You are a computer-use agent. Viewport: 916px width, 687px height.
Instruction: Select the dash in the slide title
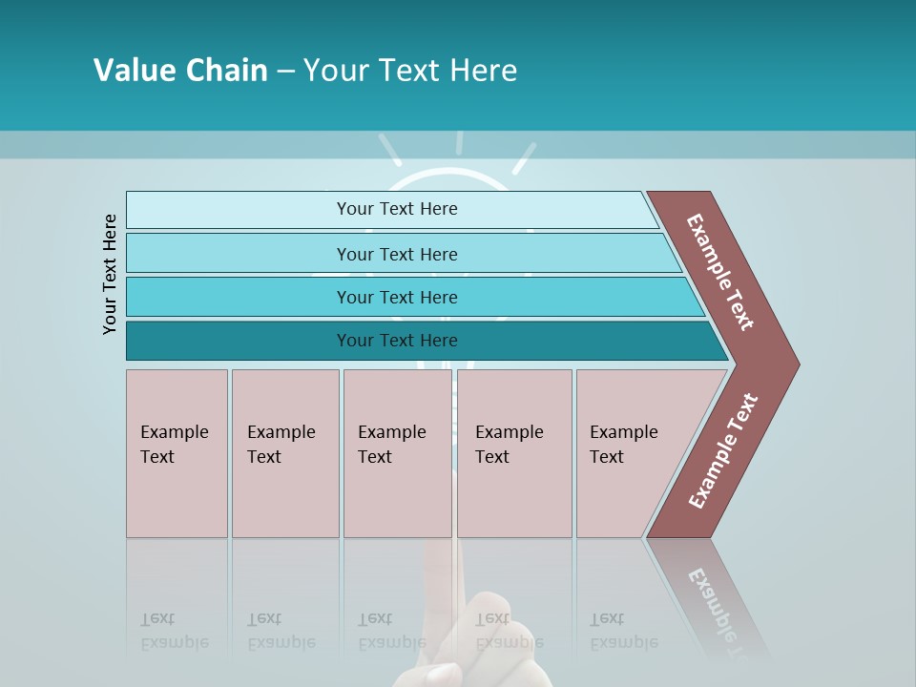[x=285, y=72]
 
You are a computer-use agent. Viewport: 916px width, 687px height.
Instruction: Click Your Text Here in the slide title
[x=410, y=71]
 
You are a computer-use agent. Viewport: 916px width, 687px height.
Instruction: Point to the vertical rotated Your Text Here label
[x=110, y=274]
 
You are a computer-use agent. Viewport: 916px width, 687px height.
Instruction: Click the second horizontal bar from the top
[x=396, y=254]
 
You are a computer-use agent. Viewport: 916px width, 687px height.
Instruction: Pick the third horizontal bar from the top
[x=396, y=297]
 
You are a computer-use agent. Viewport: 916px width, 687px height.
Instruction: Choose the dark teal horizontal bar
[x=396, y=341]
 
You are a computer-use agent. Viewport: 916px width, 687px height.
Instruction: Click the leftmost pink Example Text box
[x=177, y=453]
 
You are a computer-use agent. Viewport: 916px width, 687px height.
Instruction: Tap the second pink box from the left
[x=285, y=453]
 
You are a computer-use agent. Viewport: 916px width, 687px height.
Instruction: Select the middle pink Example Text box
[x=397, y=453]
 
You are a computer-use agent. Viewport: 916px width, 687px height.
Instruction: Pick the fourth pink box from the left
[x=514, y=453]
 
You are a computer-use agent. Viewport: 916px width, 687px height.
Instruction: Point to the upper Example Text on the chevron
[x=720, y=272]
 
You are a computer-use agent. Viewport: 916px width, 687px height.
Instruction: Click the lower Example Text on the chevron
[x=722, y=450]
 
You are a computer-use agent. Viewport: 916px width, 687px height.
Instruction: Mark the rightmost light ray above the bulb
[x=524, y=158]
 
